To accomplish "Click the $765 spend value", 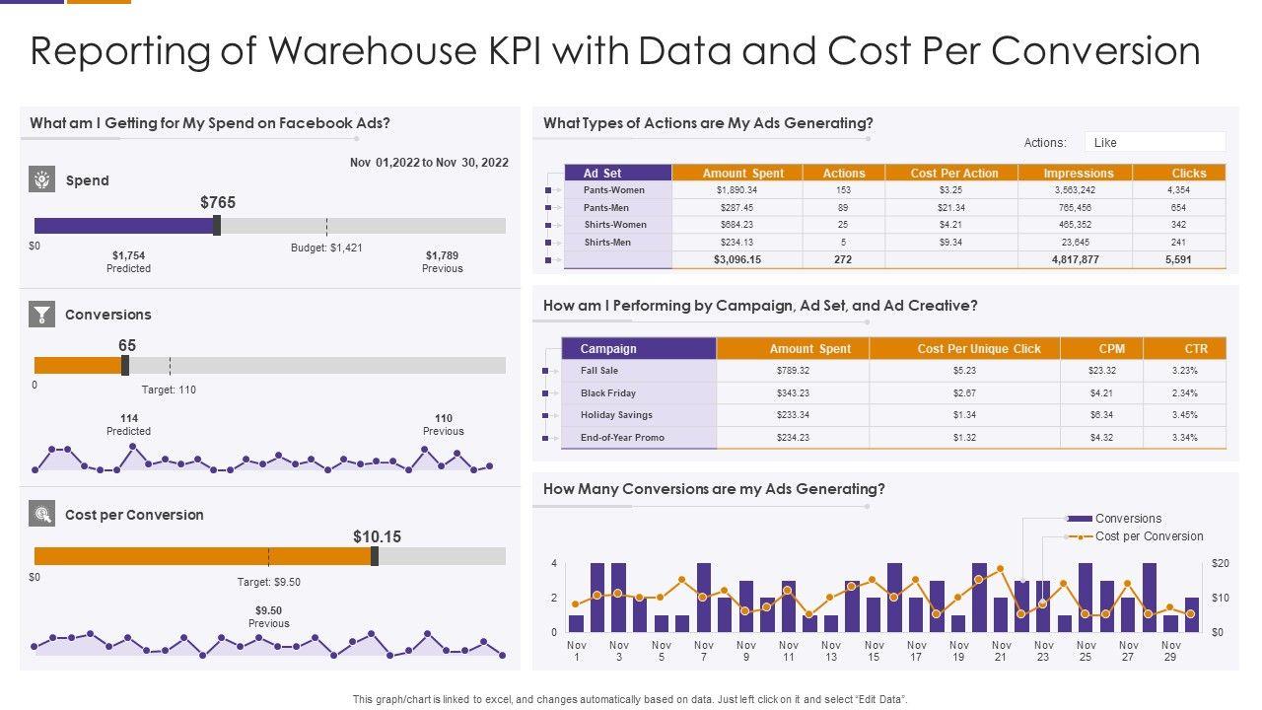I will tap(218, 202).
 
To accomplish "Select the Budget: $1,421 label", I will tap(326, 248).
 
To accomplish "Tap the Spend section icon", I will tap(41, 180).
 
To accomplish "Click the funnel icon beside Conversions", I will tap(41, 315).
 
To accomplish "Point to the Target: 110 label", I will tap(169, 390).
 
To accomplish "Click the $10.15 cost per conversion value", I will tap(377, 537).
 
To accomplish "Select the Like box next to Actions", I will tap(1154, 142).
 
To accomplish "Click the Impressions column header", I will tap(1078, 173).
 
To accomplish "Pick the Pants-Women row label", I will tap(614, 189).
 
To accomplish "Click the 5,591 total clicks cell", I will tap(1178, 259).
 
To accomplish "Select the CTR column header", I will tap(1196, 348).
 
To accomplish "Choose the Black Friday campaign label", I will tap(608, 392).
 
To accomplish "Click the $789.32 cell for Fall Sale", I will tap(793, 371).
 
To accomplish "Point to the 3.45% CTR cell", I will tap(1184, 415).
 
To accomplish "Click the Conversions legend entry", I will tap(1128, 519).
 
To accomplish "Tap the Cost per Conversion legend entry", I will tap(1149, 536).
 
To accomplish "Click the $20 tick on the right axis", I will tap(1220, 563).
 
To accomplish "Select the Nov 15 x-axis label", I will tap(874, 651).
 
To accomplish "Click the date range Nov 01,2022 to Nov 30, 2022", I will tap(429, 163).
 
